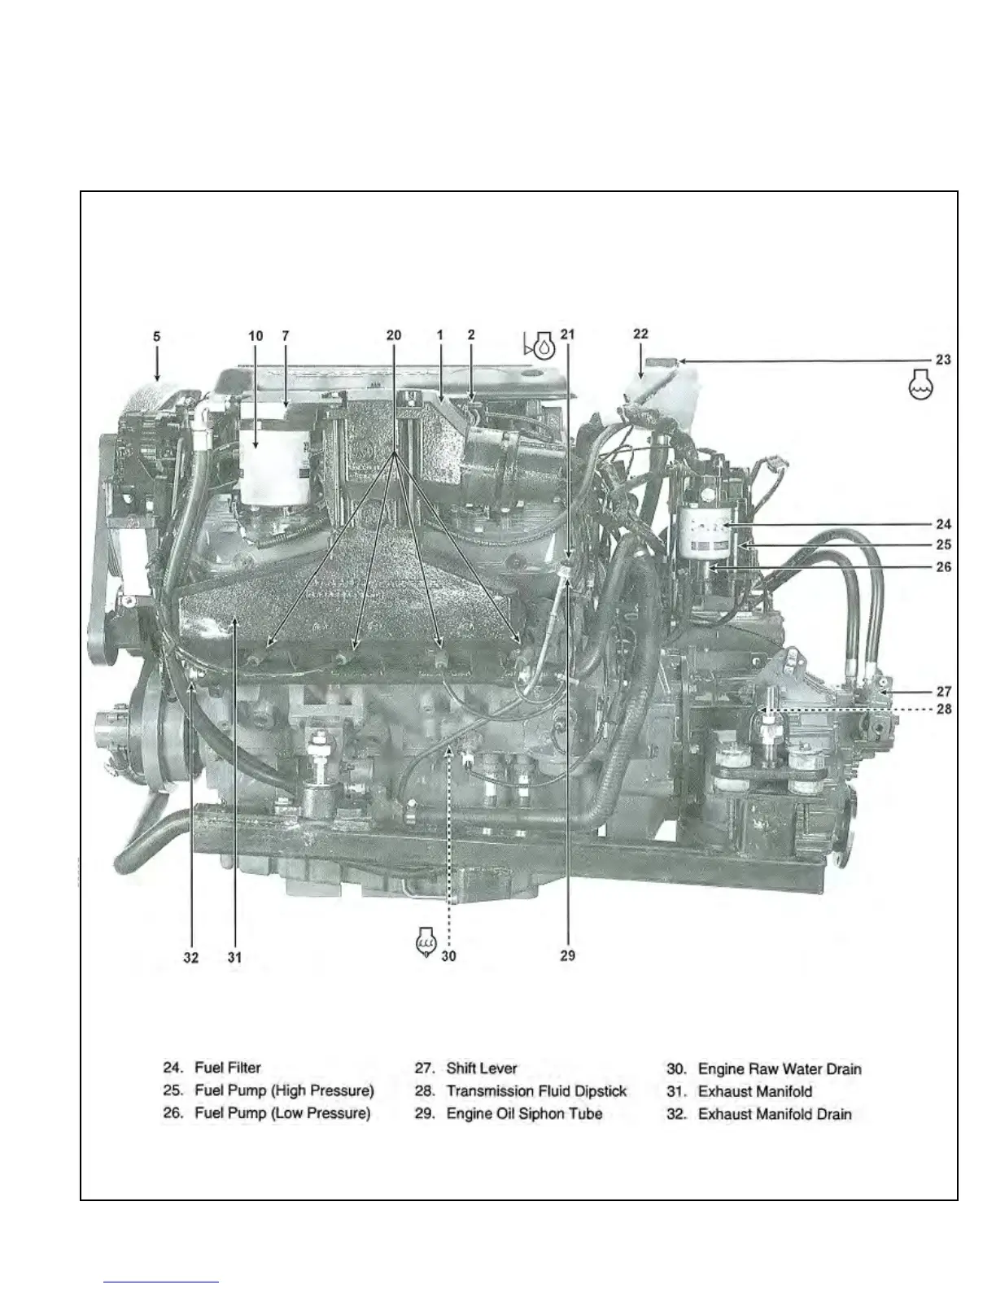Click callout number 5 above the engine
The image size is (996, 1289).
[x=157, y=335]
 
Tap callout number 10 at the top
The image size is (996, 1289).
[x=256, y=335]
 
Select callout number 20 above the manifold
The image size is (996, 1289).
[x=394, y=335]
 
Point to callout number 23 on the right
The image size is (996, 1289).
[x=943, y=359]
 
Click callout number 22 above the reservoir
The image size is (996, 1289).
[x=640, y=334]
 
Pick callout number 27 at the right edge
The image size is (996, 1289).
[x=943, y=692]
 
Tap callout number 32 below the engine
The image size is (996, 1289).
[x=190, y=958]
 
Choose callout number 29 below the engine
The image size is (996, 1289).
[x=567, y=955]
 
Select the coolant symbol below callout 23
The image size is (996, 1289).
[x=920, y=383]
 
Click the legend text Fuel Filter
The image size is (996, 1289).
[x=228, y=1068]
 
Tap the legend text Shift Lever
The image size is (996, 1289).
[x=482, y=1068]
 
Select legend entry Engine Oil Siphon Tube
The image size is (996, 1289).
[x=524, y=1113]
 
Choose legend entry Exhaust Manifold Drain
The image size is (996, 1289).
[x=775, y=1114]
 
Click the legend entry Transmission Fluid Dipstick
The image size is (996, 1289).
[x=536, y=1090]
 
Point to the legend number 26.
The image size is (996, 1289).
[x=173, y=1113]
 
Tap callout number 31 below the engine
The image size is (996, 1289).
[x=234, y=958]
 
